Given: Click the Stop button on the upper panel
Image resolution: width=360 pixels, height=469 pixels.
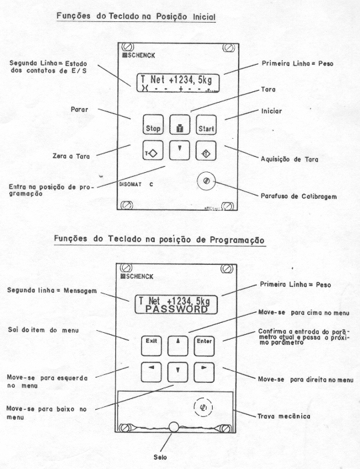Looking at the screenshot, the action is (153, 125).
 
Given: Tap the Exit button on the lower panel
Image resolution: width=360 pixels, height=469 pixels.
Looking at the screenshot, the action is (151, 346).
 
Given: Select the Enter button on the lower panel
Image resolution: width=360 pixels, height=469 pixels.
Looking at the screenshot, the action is (204, 346).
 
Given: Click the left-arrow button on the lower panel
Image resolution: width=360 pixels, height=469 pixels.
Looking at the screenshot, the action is (151, 372).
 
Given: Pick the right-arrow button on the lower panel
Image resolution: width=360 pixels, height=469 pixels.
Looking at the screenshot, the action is (204, 372).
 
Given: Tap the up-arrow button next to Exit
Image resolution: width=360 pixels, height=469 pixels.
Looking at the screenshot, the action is (178, 346).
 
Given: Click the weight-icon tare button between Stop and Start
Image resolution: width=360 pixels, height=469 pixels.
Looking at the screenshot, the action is (180, 125).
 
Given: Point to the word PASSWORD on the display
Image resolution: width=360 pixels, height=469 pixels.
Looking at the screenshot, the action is (177, 309).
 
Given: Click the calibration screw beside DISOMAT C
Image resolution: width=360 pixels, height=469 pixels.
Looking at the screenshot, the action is (206, 181).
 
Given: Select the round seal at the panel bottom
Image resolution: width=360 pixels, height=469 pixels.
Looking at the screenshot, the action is (174, 427).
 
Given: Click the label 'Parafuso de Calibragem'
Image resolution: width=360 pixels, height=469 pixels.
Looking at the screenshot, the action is (299, 196).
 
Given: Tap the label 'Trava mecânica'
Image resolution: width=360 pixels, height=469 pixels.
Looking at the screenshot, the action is (284, 416).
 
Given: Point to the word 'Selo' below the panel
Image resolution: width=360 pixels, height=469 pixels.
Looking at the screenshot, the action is (160, 457).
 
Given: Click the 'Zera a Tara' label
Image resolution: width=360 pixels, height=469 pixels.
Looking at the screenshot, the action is (71, 156).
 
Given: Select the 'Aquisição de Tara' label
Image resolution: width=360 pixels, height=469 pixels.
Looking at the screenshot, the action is (289, 159).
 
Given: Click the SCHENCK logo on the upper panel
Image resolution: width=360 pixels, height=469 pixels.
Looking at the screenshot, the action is (139, 55).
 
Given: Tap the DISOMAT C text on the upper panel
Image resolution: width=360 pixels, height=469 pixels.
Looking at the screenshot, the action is (136, 184).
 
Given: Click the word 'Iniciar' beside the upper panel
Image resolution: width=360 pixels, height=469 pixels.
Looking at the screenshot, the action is (271, 111).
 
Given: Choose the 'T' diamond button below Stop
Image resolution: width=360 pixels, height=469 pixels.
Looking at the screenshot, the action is (153, 151).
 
